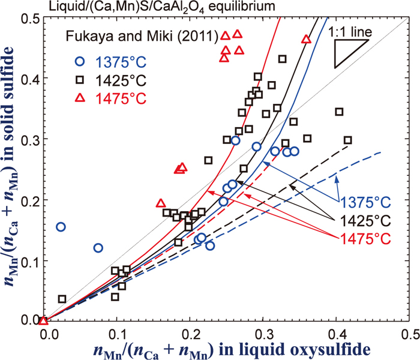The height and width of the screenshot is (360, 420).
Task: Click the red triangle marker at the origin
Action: (44, 321)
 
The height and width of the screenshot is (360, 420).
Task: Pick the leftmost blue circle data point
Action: (61, 227)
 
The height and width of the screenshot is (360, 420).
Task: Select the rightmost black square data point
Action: (348, 140)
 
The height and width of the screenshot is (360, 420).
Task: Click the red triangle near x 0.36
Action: (306, 39)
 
